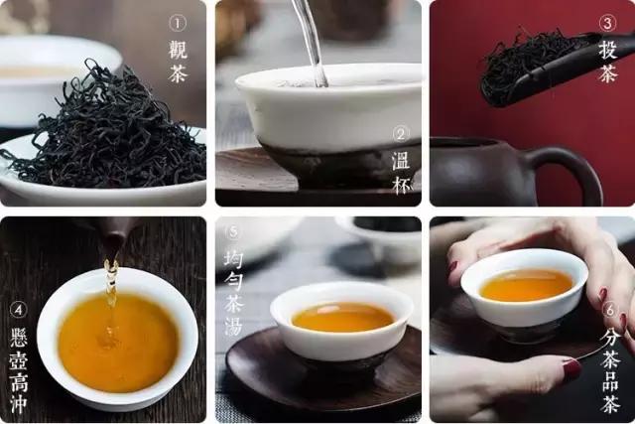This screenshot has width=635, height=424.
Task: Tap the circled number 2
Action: click(401, 133)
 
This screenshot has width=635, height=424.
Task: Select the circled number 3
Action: click(607, 23)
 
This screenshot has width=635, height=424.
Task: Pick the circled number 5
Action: click(232, 234)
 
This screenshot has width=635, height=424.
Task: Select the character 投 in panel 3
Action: click(607, 49)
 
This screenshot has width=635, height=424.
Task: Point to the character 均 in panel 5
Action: click(232, 260)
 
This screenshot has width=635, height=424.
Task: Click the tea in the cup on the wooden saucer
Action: click(341, 317)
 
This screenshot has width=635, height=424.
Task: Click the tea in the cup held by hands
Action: click(525, 285)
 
